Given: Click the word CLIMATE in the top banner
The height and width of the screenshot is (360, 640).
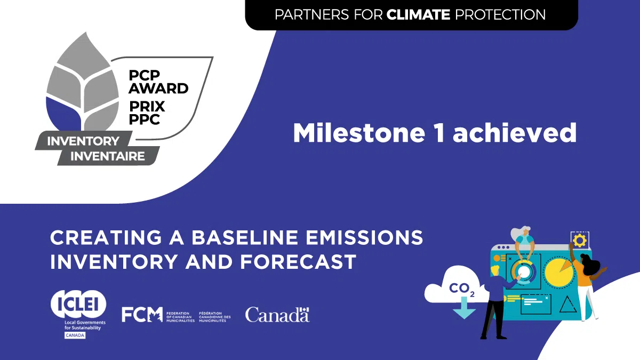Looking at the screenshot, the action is pyautogui.click(x=418, y=14).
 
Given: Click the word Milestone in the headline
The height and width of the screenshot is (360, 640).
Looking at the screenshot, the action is pyautogui.click(x=359, y=133).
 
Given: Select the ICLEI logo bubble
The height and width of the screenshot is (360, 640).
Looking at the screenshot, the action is pyautogui.click(x=78, y=305).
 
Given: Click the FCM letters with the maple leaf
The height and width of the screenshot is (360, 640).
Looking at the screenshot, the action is pyautogui.click(x=142, y=315).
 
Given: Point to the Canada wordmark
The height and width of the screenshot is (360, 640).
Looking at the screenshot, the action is pyautogui.click(x=277, y=315).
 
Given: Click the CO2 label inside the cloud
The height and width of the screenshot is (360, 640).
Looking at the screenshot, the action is pyautogui.click(x=462, y=289).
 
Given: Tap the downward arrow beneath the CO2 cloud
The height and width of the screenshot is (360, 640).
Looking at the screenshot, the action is pyautogui.click(x=463, y=308).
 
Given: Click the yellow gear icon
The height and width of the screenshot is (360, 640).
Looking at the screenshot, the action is pyautogui.click(x=580, y=241).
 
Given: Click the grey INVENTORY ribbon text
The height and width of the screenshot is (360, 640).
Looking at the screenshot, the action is pyautogui.click(x=83, y=141).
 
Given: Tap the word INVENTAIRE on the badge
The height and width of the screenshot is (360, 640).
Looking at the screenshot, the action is pyautogui.click(x=108, y=156).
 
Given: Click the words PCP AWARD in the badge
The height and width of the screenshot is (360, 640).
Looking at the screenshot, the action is pyautogui.click(x=158, y=82).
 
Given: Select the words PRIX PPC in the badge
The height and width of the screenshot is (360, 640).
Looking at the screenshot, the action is pyautogui.click(x=147, y=113).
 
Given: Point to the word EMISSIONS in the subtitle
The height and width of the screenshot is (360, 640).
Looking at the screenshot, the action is pyautogui.click(x=364, y=237).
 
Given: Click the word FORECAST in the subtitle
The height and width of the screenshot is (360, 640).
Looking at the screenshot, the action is pyautogui.click(x=298, y=262).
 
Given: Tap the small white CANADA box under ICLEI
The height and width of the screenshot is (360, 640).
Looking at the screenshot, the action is pyautogui.click(x=75, y=335).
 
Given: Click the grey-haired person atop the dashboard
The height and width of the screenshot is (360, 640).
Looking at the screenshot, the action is pyautogui.click(x=523, y=243).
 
